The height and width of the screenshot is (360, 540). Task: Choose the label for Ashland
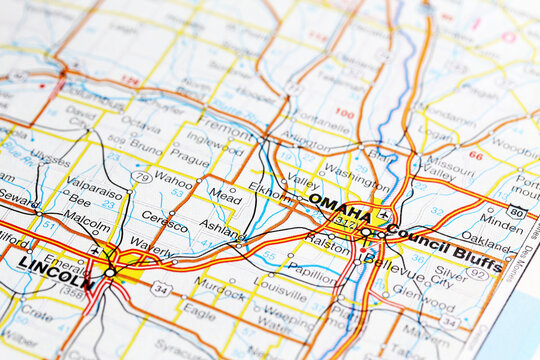pyautogui.click(x=220, y=228)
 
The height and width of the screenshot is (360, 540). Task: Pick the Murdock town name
pyautogui.click(x=220, y=283)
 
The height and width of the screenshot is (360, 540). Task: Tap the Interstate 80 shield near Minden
pyautogui.click(x=516, y=211)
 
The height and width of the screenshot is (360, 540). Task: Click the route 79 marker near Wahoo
pyautogui.click(x=142, y=178)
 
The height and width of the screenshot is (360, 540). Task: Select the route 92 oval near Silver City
pyautogui.click(x=478, y=272)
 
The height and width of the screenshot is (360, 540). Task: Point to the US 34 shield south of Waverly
pyautogui.click(x=162, y=289)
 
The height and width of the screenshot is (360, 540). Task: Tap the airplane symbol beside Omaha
pyautogui.click(x=384, y=214)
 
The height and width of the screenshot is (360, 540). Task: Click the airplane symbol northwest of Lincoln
pyautogui.click(x=95, y=250)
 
